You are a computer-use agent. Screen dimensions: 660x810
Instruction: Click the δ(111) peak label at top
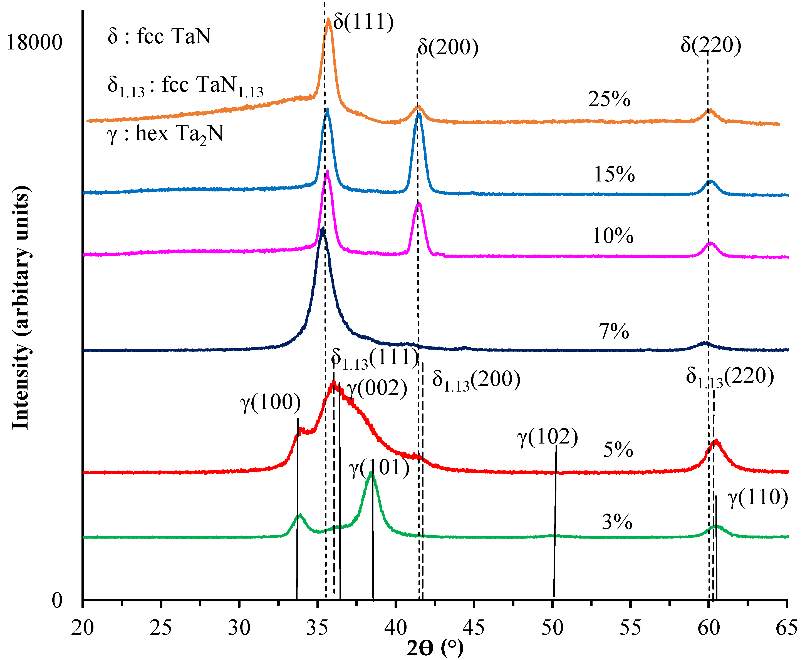363,22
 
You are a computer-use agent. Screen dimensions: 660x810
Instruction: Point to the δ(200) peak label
448,47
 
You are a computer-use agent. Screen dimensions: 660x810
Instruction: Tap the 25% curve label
609,99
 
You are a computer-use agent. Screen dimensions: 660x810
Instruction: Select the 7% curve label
614,332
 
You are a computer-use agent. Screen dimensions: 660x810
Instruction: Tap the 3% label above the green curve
617,522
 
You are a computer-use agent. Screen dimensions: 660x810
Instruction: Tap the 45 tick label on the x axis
474,628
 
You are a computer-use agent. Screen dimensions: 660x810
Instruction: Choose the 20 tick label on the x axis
83,628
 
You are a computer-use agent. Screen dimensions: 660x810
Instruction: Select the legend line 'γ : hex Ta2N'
165,134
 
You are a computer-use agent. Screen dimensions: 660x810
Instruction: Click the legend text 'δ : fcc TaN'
159,36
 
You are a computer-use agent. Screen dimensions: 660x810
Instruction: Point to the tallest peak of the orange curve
328,20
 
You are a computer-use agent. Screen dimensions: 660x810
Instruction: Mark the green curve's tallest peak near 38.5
371,473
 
